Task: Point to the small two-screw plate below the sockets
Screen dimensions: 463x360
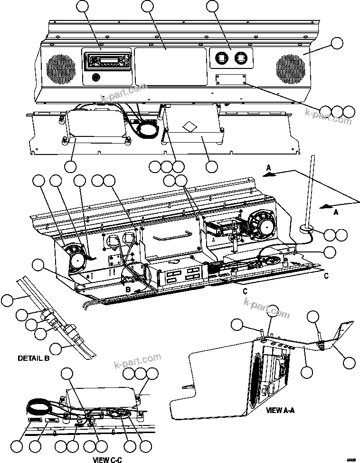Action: pyautogui.click(x=231, y=78)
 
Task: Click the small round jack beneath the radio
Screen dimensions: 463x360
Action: pyautogui.click(x=96, y=77)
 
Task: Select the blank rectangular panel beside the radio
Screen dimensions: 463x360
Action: pyautogui.click(x=171, y=66)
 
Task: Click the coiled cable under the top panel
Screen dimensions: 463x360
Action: pyautogui.click(x=146, y=128)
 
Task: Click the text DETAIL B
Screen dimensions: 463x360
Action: pyautogui.click(x=33, y=358)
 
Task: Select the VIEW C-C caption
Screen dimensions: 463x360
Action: pyautogui.click(x=107, y=459)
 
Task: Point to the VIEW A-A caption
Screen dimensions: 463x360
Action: pyautogui.click(x=280, y=409)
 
